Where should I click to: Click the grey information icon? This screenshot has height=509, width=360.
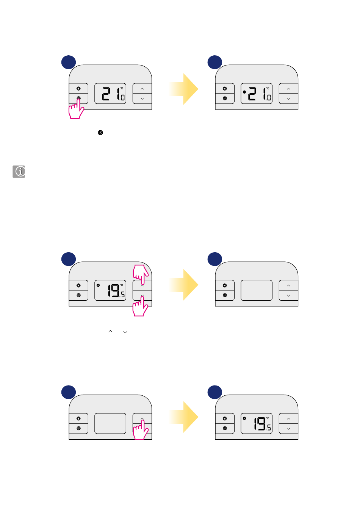point(19,172)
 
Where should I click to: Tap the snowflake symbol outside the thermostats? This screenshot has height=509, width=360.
point(100,133)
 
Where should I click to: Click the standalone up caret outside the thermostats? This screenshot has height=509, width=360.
point(110,331)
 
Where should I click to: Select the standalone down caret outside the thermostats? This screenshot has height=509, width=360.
point(125,332)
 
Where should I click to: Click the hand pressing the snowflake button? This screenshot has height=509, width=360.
point(76,110)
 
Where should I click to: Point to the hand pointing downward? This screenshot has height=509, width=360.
point(141,273)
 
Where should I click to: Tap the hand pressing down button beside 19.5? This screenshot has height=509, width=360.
point(140,307)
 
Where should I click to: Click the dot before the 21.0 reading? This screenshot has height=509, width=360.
point(244,92)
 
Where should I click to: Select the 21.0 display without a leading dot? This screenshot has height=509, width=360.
point(110,94)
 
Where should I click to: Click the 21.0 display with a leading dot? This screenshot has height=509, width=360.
point(257,94)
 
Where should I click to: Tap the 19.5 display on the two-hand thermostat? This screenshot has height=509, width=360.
point(110,290)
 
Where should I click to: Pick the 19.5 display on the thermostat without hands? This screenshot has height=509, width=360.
point(257,423)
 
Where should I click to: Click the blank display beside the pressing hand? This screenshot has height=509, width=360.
point(110,423)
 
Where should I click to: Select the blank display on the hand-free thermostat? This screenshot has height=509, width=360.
point(257,290)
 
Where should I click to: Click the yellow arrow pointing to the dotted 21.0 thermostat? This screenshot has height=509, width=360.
point(184,89)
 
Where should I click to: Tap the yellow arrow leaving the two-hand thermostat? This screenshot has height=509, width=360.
point(184,285)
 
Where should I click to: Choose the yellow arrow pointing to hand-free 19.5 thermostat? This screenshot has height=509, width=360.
point(184,417)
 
